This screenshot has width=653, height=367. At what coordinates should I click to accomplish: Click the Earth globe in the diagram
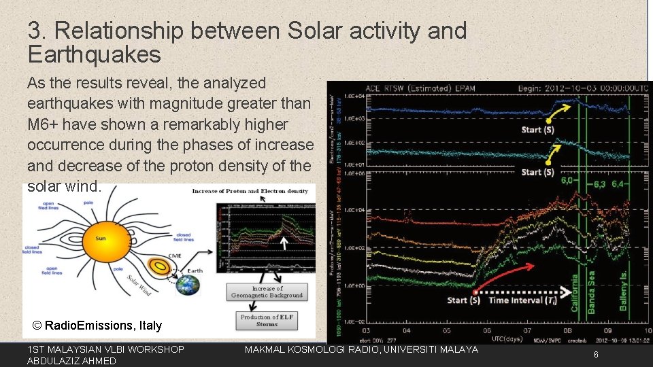coord(188,285)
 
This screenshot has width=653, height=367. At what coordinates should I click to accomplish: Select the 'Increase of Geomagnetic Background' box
coord(267,292)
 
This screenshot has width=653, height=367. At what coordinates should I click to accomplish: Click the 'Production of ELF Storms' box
coord(267,320)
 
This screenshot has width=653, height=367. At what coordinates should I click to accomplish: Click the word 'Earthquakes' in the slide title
coord(94,54)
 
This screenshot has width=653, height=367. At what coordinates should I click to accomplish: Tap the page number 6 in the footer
coord(596,355)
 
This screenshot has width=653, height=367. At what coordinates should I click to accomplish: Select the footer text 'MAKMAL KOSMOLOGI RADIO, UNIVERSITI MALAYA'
coord(361,349)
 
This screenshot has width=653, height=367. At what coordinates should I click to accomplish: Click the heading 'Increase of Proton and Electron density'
coord(250,191)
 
